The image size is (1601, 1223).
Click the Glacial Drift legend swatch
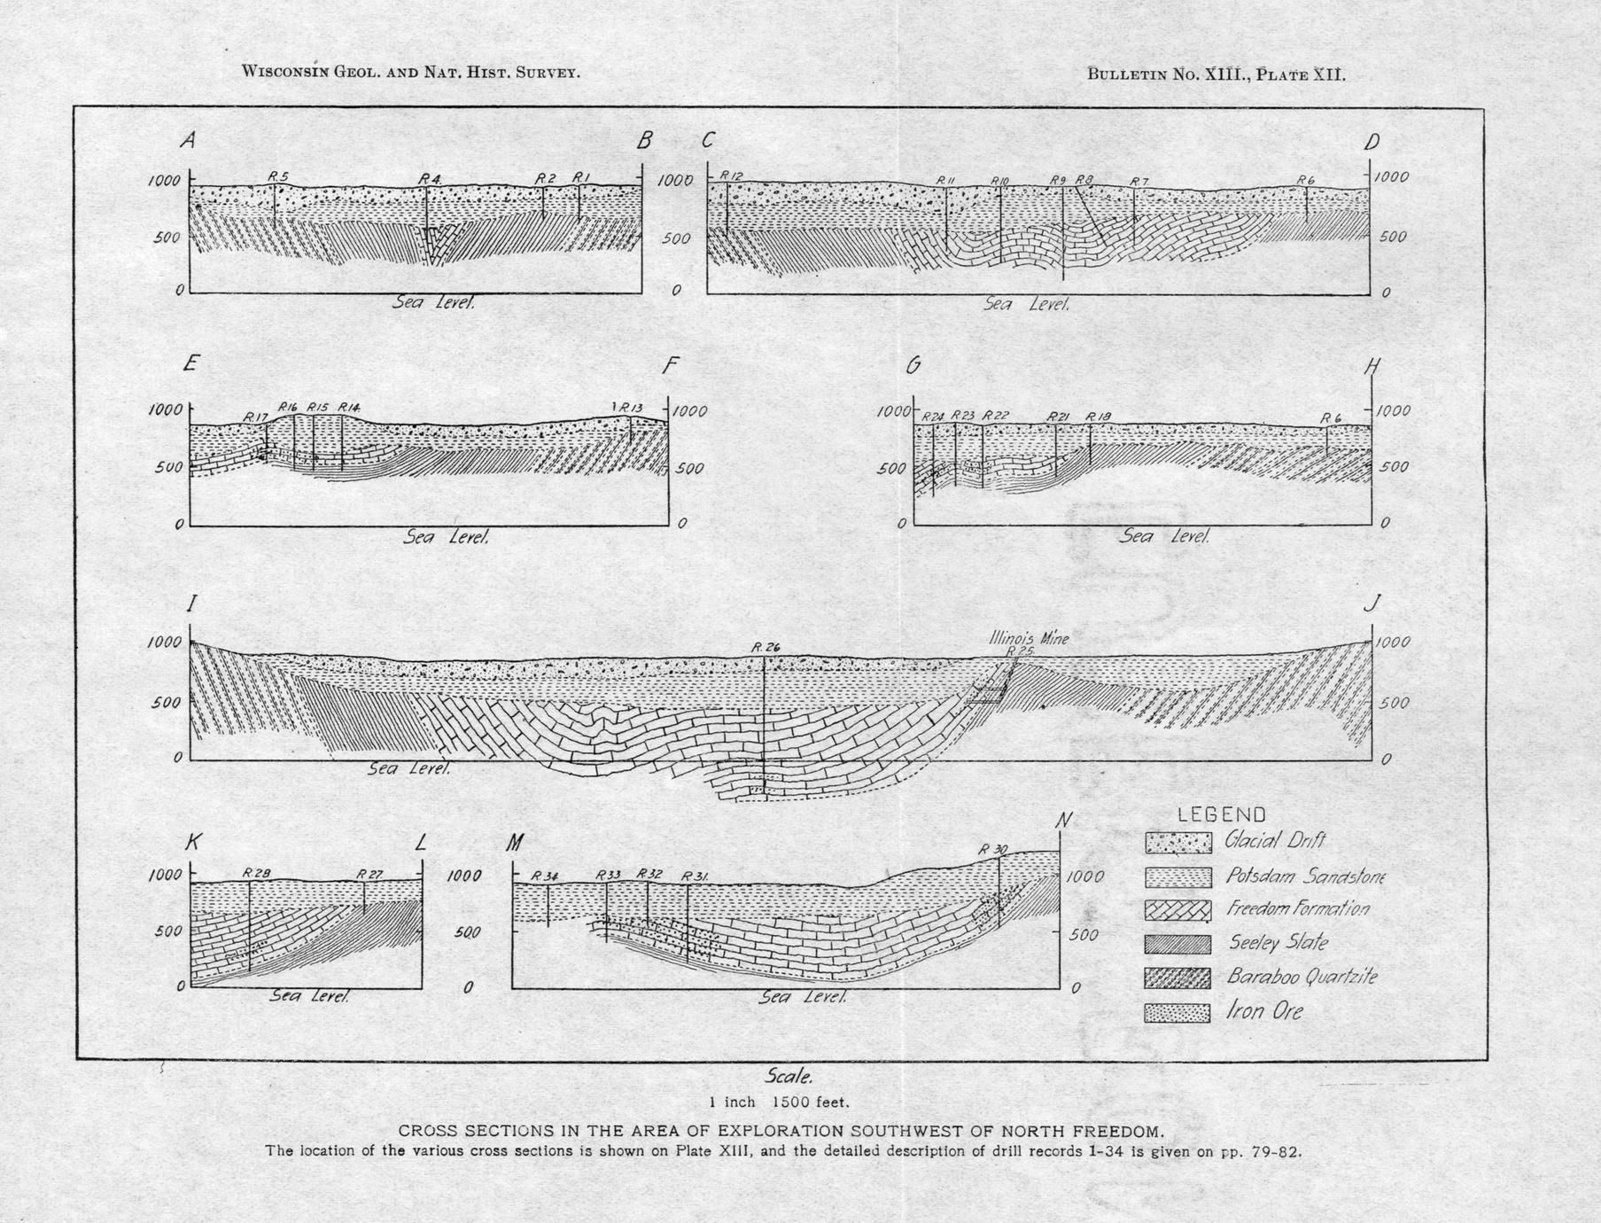(1177, 842)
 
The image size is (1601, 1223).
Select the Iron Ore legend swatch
(1177, 1012)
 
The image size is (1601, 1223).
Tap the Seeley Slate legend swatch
(1177, 944)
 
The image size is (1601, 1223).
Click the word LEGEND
(1221, 814)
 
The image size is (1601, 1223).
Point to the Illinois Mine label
(1030, 637)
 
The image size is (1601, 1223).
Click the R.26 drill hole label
(766, 648)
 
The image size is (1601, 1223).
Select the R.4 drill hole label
(431, 179)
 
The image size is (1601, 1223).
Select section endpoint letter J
(1372, 604)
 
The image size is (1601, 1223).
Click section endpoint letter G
(913, 364)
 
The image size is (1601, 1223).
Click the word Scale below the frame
(788, 1077)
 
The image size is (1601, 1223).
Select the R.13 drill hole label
(630, 407)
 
